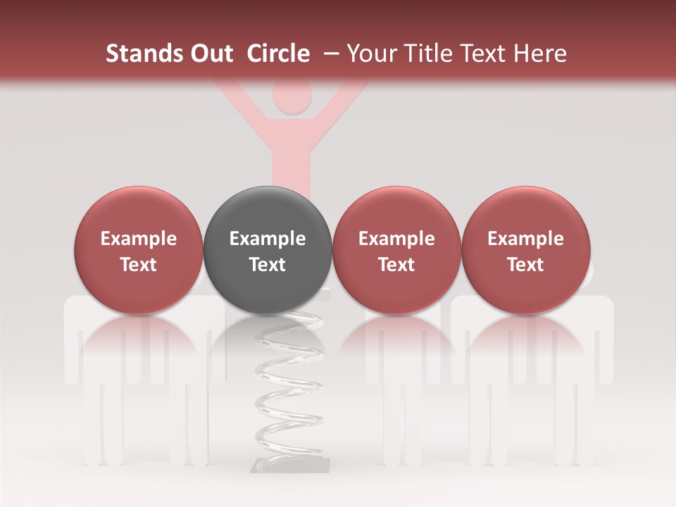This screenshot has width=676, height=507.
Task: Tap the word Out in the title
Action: (x=211, y=54)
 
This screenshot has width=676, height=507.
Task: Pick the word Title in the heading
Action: (x=430, y=54)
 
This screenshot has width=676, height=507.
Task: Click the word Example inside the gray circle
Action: (x=268, y=239)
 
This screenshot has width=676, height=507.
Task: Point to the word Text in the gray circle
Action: (x=268, y=265)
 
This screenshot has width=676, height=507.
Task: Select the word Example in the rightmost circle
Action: (x=526, y=239)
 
